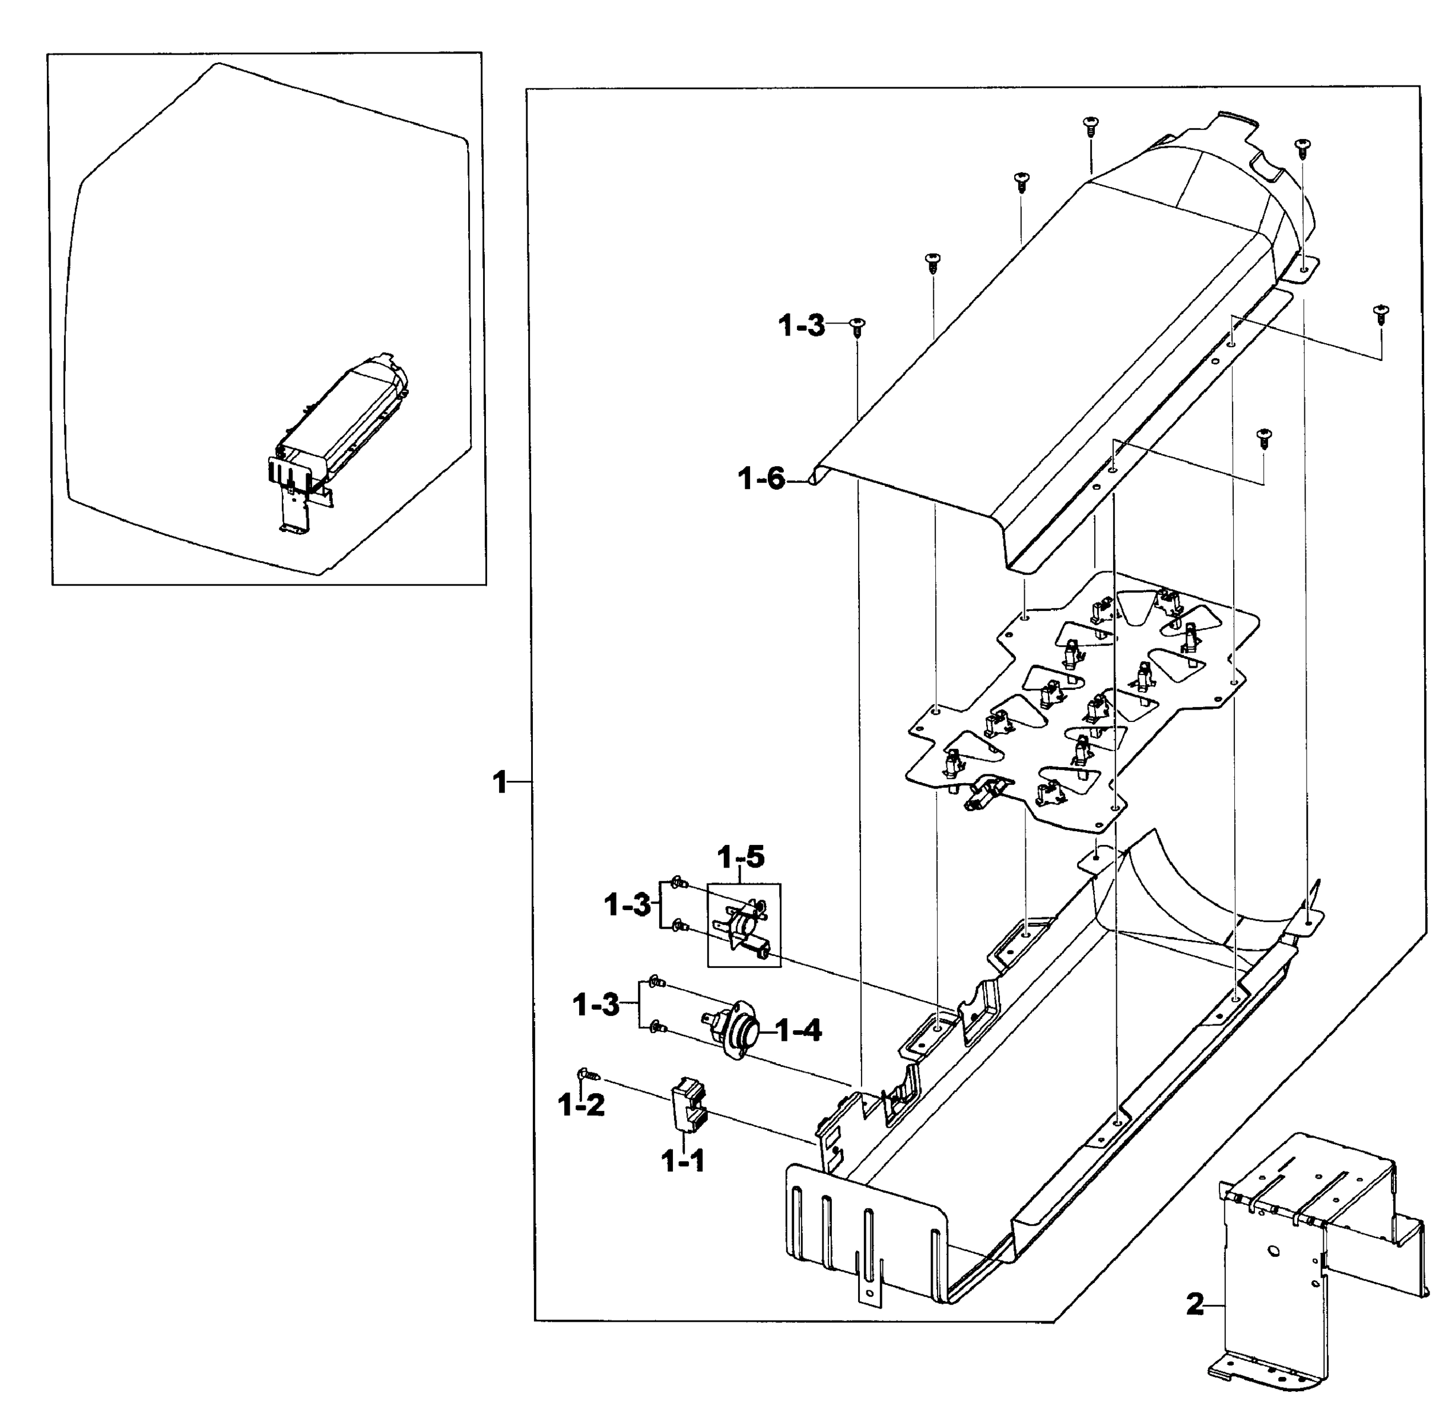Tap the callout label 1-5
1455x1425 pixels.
pyautogui.click(x=741, y=857)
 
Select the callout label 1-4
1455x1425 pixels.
pyautogui.click(x=799, y=1032)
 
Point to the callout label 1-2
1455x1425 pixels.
pyautogui.click(x=582, y=1105)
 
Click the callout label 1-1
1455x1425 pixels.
pyautogui.click(x=682, y=1161)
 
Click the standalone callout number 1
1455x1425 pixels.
pyautogui.click(x=500, y=784)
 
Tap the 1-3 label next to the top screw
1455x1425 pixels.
pyautogui.click(x=801, y=327)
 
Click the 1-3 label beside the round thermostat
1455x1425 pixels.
pyautogui.click(x=596, y=1005)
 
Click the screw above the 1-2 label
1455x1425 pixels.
pyautogui.click(x=588, y=1075)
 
